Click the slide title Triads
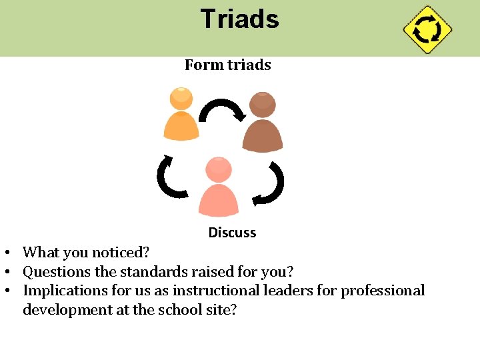coord(239,19)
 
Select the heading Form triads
coord(227,65)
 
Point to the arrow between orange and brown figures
coord(223,109)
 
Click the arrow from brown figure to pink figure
coord(271,185)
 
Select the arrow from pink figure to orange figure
coord(171,177)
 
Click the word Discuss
coord(232,233)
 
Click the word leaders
coord(283,291)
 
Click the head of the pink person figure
coord(219,170)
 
